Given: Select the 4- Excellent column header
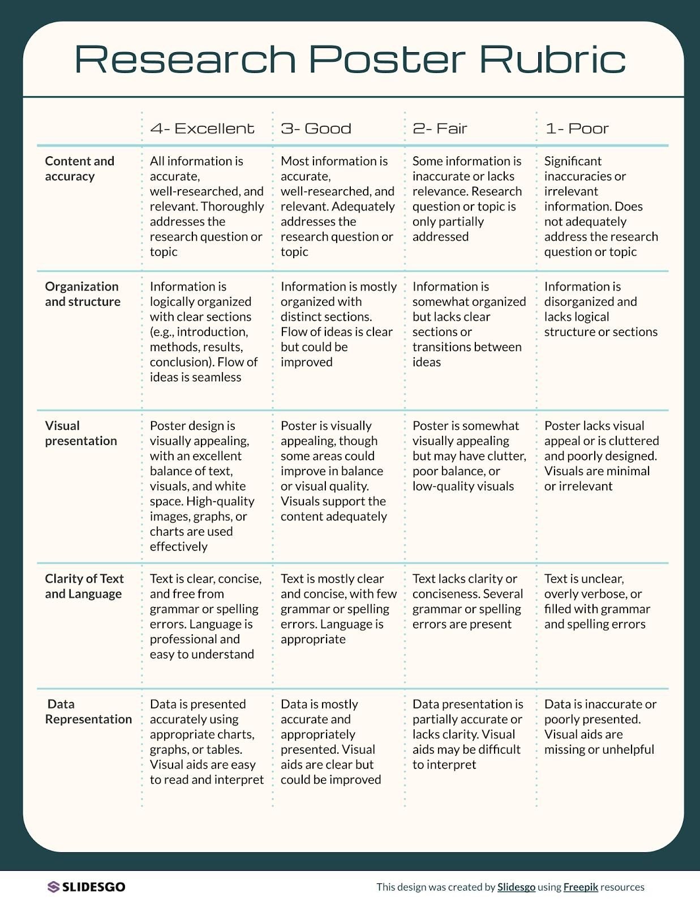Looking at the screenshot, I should click(202, 129).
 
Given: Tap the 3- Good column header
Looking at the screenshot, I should click(316, 129).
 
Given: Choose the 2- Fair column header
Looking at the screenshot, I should click(440, 129).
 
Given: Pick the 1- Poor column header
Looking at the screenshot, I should click(577, 129).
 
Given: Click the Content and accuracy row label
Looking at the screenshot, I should click(79, 169).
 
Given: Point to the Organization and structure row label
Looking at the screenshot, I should click(83, 294).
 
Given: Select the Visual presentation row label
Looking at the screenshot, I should click(81, 433).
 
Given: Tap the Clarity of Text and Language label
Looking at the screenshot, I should click(84, 586).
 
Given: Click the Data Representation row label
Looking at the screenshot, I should click(88, 712).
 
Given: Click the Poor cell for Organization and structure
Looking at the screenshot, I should click(600, 309).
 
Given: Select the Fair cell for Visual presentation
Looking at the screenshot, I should click(469, 456).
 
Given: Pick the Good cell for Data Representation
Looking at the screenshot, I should click(330, 742).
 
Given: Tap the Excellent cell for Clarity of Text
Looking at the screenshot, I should click(205, 616).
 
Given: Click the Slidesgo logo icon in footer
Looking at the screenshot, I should click(53, 887).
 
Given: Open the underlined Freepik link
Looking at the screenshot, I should click(581, 887).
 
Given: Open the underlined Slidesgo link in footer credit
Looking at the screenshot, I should click(516, 887).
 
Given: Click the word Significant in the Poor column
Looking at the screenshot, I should click(573, 161).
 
